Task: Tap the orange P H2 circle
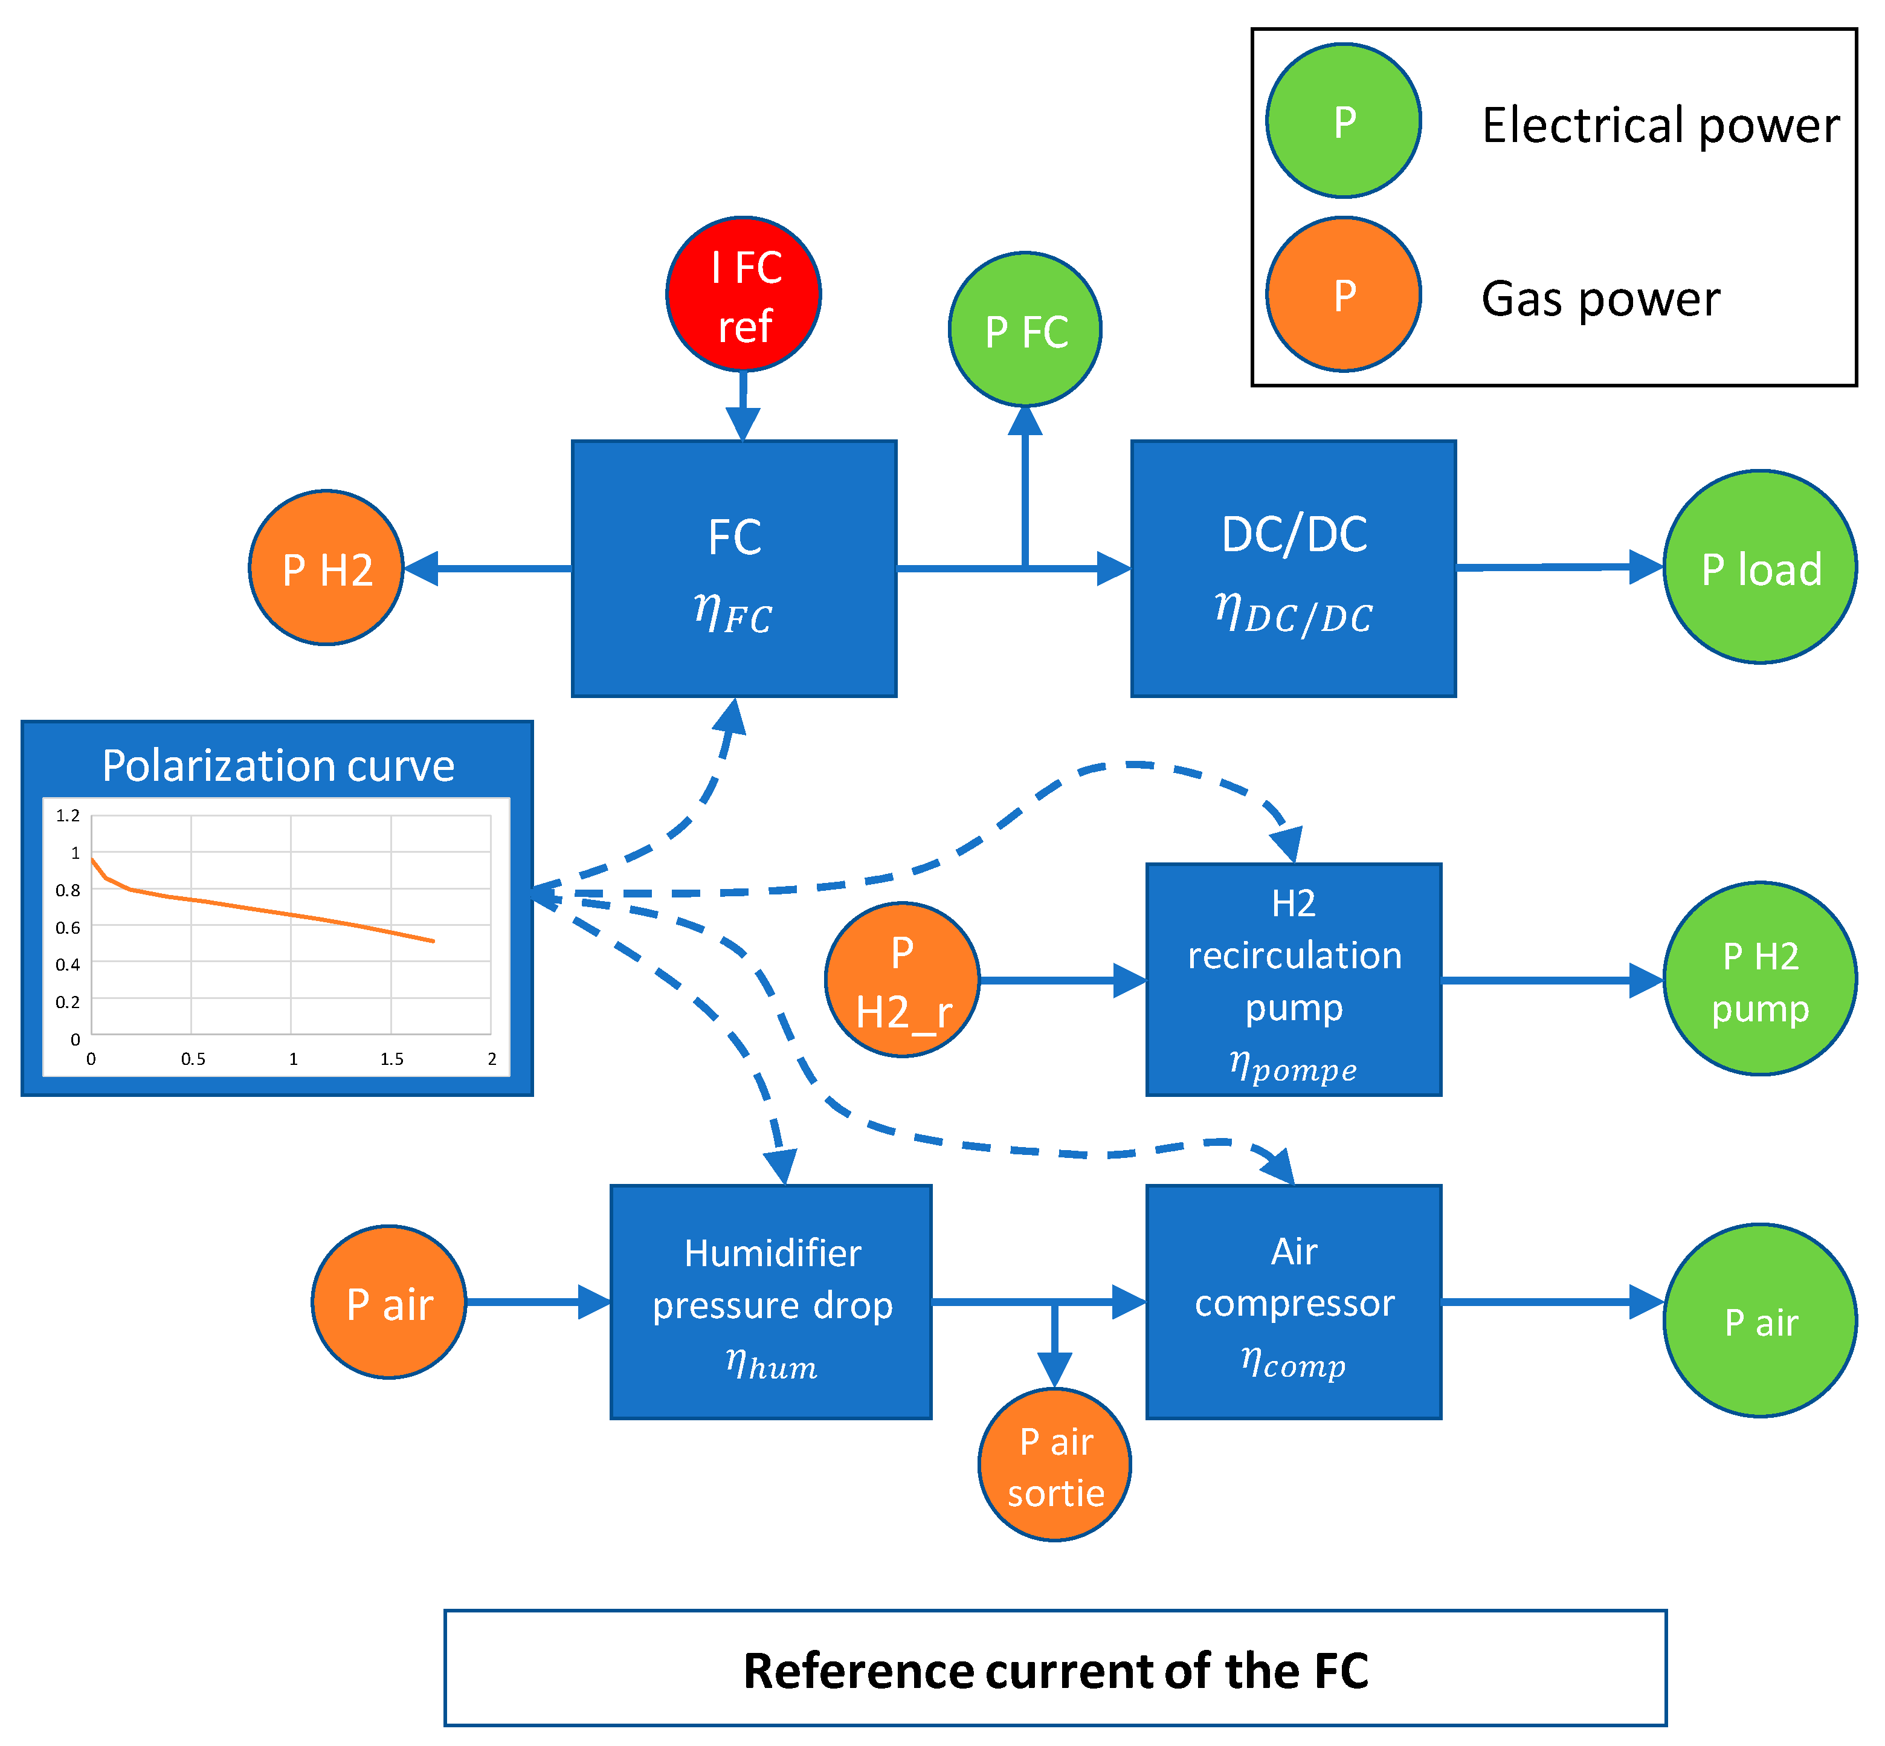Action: (x=326, y=568)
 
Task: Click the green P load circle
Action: (x=1759, y=567)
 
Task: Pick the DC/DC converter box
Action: (x=1293, y=569)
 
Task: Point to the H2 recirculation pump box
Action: (x=1293, y=980)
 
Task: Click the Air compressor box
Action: (x=1293, y=1302)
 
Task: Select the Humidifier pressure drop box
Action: (x=771, y=1302)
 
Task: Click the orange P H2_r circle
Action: (x=902, y=980)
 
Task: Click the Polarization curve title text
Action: (x=278, y=765)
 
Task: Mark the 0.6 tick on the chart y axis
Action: (x=68, y=928)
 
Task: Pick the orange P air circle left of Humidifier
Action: (x=389, y=1302)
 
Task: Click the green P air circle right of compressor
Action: (x=1759, y=1321)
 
